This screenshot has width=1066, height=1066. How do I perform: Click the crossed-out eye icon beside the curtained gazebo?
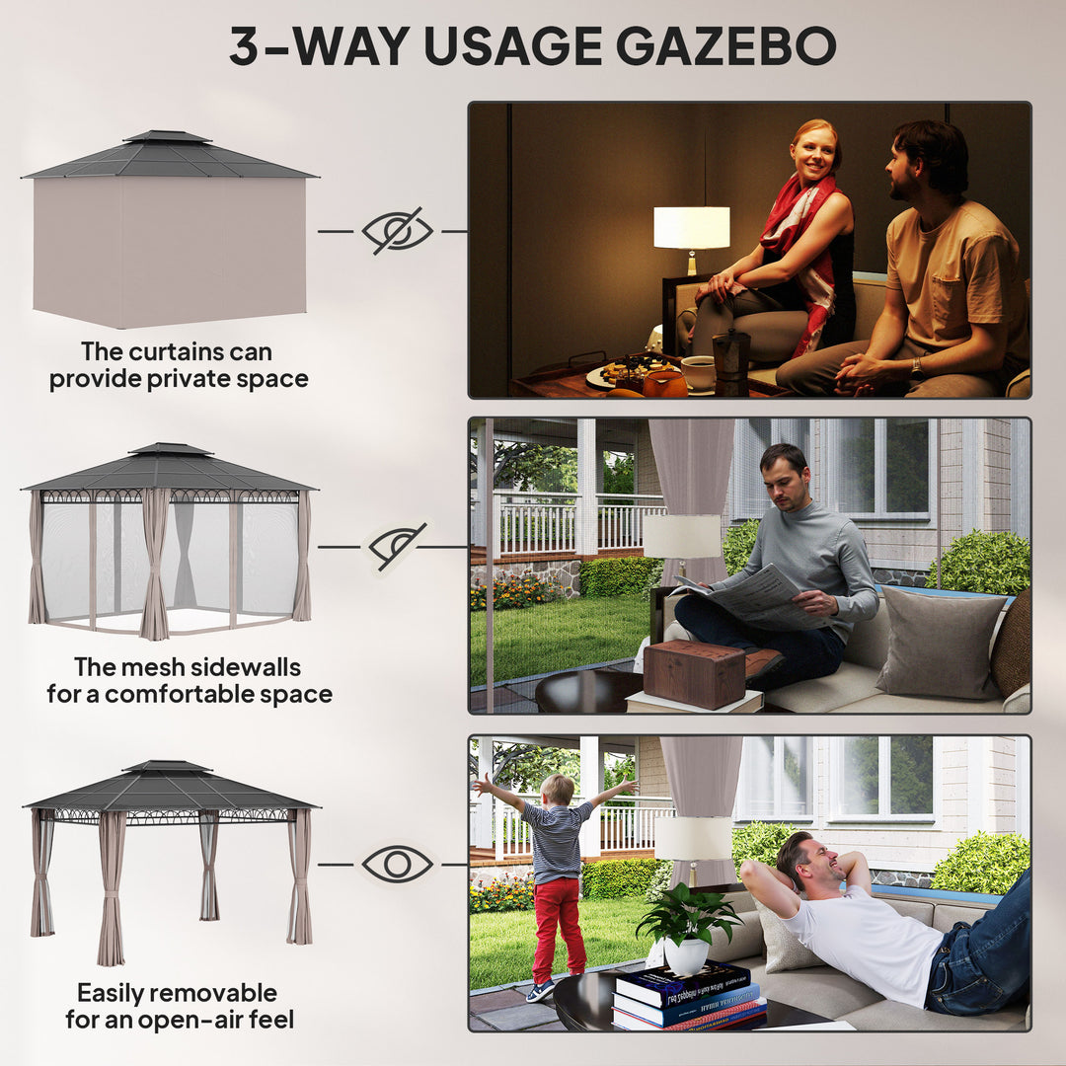[397, 231]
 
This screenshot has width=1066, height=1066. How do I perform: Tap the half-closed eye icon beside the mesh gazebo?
[397, 546]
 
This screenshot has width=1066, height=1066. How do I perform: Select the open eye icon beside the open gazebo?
[397, 865]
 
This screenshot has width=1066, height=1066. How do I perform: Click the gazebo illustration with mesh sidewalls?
[170, 543]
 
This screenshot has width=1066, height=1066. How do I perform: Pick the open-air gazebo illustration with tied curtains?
[170, 859]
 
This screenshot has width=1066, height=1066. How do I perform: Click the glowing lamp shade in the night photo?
[692, 227]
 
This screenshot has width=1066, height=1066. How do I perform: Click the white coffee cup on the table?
[699, 372]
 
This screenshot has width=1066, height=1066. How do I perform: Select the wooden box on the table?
[694, 673]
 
